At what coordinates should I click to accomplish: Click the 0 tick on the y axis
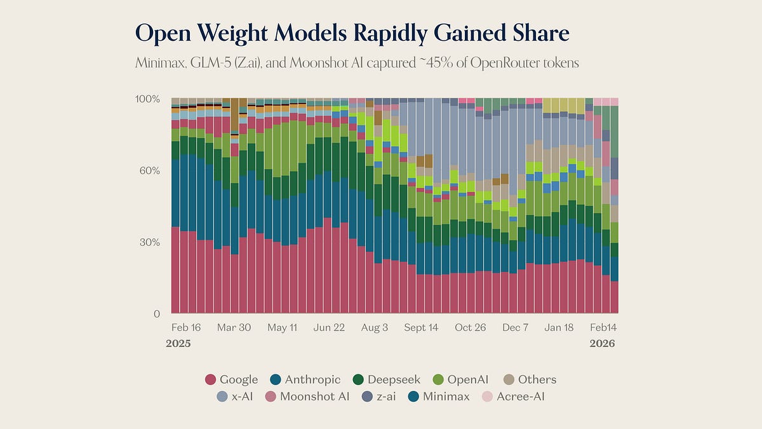156,314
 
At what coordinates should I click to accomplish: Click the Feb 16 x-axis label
186,328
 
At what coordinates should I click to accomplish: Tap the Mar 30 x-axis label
234,328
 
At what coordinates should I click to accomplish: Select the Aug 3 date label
375,328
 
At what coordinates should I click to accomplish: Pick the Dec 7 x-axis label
515,328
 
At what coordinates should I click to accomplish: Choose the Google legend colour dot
211,380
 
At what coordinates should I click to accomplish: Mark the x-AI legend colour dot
222,397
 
